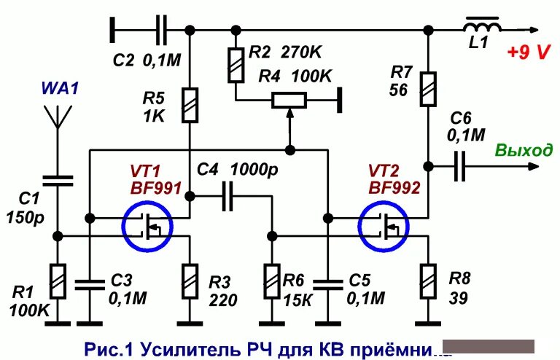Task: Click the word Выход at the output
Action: click(524, 151)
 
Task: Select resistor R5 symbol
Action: click(190, 104)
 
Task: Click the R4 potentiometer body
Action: click(290, 100)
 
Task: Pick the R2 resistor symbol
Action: click(236, 65)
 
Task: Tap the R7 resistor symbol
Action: click(428, 88)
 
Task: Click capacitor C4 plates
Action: click(227, 195)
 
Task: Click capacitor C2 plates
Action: click(161, 30)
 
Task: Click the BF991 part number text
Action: click(154, 187)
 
